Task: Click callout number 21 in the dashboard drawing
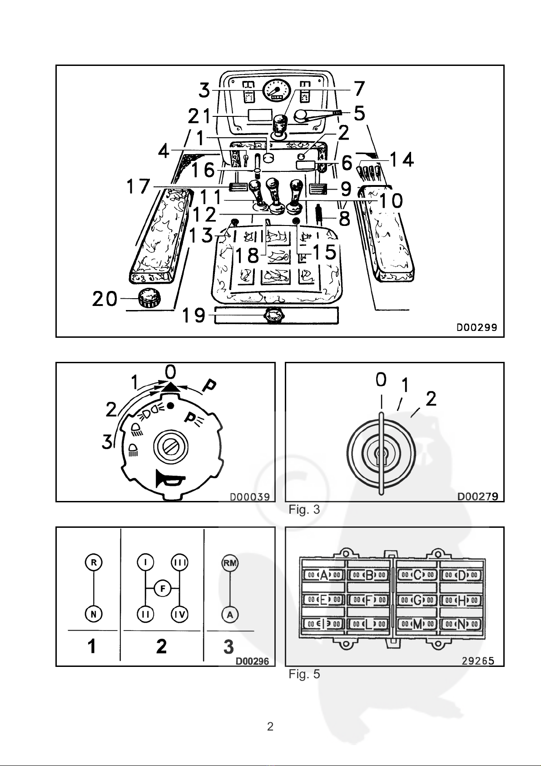(199, 116)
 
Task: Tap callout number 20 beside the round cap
(104, 299)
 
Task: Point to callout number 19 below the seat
(194, 315)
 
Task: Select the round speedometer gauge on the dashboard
(277, 90)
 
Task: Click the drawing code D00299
(477, 328)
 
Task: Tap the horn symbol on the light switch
(170, 477)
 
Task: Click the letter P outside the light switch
(209, 386)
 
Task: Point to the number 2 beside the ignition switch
(431, 399)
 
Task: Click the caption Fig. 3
(304, 509)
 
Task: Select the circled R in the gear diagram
(94, 562)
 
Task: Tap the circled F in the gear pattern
(163, 589)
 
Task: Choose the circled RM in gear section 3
(230, 563)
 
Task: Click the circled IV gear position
(179, 615)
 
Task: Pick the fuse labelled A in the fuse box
(324, 575)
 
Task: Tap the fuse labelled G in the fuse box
(417, 600)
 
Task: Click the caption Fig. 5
(304, 674)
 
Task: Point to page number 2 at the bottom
(270, 726)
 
